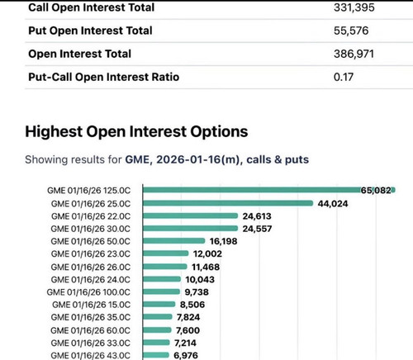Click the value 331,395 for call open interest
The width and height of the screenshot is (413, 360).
(354, 7)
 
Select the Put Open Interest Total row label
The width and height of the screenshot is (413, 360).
(90, 31)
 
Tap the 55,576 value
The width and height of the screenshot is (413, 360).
(351, 31)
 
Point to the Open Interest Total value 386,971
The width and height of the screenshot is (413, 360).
(354, 54)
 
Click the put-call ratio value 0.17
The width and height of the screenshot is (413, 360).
(344, 77)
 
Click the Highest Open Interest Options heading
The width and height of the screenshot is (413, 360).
(136, 131)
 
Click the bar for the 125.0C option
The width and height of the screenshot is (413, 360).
(269, 190)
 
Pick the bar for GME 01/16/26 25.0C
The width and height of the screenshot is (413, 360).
(228, 203)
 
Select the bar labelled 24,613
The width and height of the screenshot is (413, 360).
(190, 216)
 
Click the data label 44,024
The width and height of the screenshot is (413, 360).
(333, 204)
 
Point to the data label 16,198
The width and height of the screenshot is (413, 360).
(223, 241)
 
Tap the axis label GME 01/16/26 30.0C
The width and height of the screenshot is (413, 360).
(91, 229)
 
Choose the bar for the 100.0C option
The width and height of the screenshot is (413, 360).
(161, 291)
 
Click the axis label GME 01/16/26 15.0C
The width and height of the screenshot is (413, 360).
(91, 305)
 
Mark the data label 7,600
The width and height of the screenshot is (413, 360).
(188, 330)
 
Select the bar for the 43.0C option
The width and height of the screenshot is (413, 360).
(156, 355)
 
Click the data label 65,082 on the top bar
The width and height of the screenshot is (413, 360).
(376, 190)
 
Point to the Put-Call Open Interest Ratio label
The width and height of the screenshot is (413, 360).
(104, 77)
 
